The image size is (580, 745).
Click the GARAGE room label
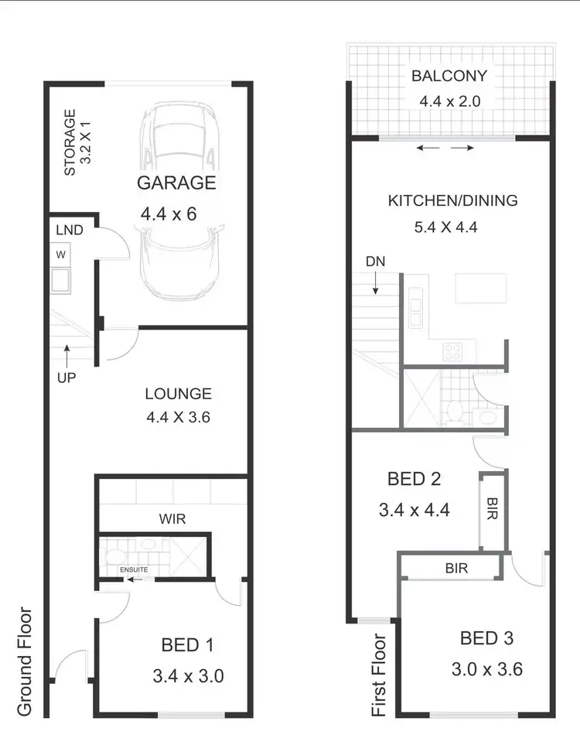(x=176, y=183)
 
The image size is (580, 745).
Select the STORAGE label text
(x=70, y=142)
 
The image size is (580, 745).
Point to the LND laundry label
(x=69, y=230)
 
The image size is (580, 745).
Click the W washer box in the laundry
(x=60, y=254)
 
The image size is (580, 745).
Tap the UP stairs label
(x=67, y=379)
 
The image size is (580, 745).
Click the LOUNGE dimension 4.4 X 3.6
(x=178, y=417)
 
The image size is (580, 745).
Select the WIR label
(x=172, y=519)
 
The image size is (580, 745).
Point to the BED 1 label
(x=187, y=644)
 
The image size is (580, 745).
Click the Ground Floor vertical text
(x=25, y=661)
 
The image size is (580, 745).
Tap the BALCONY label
(x=449, y=77)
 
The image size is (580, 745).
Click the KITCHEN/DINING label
(x=452, y=201)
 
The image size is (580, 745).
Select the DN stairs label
(x=375, y=261)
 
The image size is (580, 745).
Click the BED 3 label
(x=486, y=639)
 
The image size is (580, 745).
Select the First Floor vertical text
(x=380, y=675)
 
